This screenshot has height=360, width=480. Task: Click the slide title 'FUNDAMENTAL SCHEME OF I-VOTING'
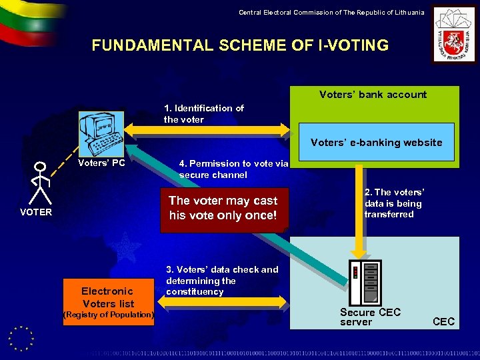tap(240, 45)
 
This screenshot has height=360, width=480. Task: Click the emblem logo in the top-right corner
tap(453, 35)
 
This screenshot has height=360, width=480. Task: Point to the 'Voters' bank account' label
tap(373, 95)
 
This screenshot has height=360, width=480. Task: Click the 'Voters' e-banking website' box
tap(376, 142)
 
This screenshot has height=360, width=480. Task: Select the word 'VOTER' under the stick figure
tap(36, 212)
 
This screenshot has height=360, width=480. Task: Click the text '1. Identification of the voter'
tap(203, 113)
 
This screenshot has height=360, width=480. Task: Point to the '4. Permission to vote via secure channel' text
tap(233, 169)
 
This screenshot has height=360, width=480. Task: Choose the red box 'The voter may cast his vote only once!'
tap(223, 208)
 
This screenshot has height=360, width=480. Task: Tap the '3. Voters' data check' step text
tap(222, 281)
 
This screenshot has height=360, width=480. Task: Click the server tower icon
tap(365, 282)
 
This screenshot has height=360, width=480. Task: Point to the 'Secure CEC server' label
tap(370, 317)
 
